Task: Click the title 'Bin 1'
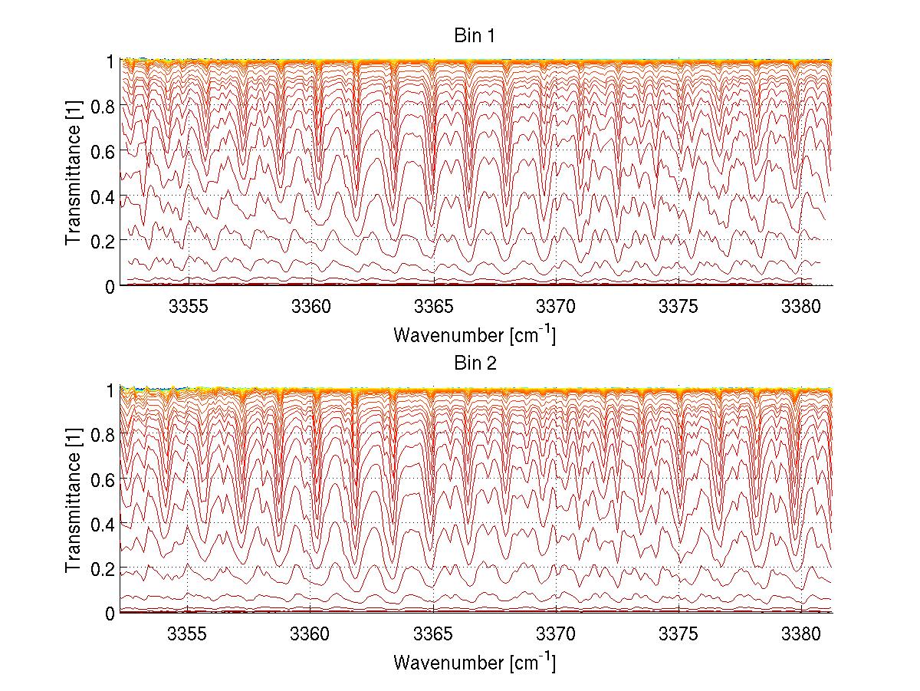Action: point(475,36)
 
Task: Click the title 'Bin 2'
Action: point(475,364)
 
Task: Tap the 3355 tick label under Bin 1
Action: point(188,306)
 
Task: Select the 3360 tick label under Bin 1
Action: point(310,306)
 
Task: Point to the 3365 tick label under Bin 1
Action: point(433,306)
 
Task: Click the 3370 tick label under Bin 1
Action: point(556,306)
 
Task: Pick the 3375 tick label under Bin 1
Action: point(678,306)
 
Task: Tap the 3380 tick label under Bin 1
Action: point(801,306)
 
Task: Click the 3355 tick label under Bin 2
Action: point(188,633)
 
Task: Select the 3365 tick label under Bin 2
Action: point(433,633)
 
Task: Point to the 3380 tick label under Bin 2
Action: point(801,633)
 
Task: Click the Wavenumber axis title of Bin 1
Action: point(475,334)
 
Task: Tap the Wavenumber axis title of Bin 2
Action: point(475,662)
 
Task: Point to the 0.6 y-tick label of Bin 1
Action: point(103,151)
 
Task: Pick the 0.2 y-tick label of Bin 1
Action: point(103,241)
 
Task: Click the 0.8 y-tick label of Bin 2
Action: point(103,434)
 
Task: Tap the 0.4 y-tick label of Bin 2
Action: point(103,524)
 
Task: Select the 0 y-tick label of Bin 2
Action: point(110,613)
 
